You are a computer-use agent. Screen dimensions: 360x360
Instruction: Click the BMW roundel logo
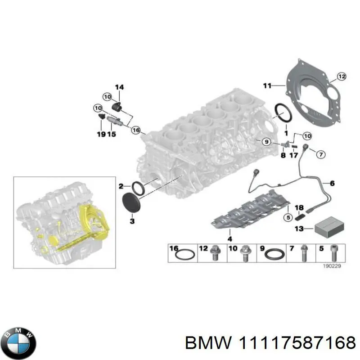point(18,340)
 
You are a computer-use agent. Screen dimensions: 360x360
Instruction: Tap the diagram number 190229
point(332,266)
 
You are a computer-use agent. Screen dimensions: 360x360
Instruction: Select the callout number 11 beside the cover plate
point(267,85)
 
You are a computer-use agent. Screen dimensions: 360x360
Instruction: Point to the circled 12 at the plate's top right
point(341,76)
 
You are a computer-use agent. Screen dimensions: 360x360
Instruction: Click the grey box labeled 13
point(328,229)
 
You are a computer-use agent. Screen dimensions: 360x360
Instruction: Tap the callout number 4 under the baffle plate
point(229,238)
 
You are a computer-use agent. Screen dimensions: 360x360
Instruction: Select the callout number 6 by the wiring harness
point(332,183)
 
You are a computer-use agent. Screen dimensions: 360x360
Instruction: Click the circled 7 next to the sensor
point(319,155)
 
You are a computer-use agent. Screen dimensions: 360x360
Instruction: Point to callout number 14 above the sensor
point(119,87)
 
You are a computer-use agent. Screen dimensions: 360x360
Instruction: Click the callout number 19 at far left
point(101,134)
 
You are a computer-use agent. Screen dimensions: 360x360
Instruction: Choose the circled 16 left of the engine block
point(135,130)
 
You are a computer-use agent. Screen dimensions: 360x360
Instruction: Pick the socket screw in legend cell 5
point(333,253)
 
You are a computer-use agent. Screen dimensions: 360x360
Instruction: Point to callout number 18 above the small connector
point(299,207)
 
